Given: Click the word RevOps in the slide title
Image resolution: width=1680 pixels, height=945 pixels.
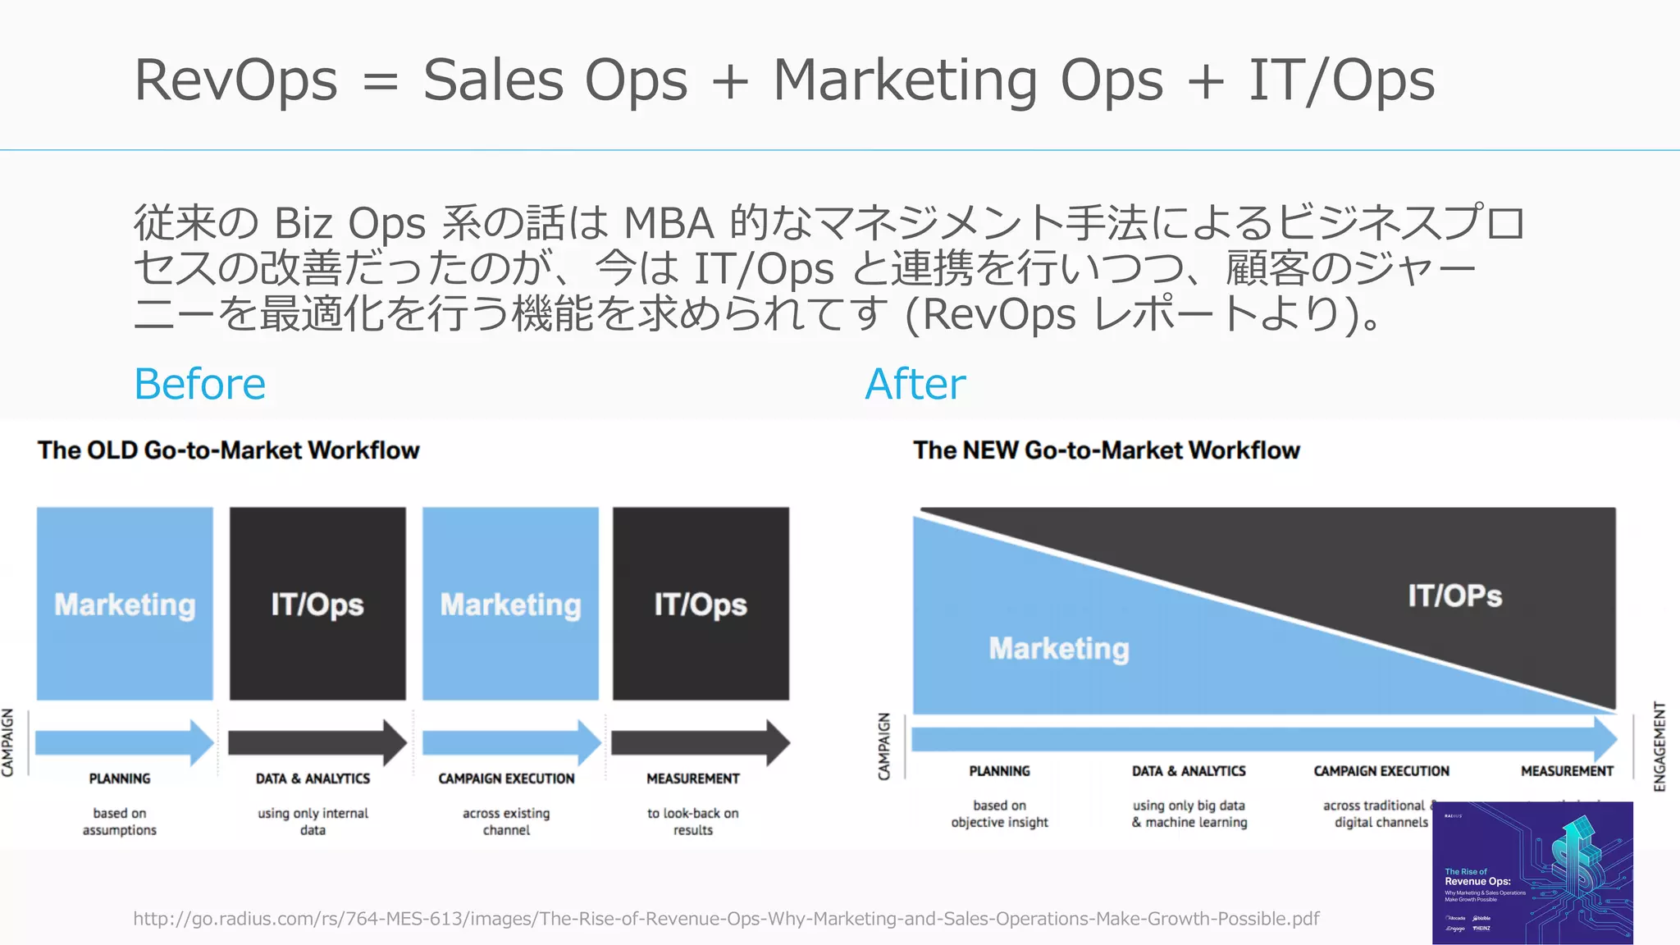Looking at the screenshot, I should (x=235, y=80).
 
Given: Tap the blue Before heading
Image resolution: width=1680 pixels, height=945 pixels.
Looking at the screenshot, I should (x=200, y=384).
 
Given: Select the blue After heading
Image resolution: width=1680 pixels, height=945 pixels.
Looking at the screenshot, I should (x=915, y=384).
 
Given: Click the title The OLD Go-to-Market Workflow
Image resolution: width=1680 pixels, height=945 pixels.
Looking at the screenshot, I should (x=228, y=450).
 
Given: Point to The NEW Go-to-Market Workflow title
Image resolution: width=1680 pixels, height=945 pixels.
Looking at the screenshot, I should (x=1107, y=450).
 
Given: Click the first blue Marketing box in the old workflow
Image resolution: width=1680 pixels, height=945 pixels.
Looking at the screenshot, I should (x=125, y=604).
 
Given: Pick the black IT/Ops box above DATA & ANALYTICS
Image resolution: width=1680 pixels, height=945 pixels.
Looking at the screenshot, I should (x=317, y=604).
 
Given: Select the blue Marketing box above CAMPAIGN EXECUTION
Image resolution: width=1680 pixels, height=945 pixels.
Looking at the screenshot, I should (x=510, y=604).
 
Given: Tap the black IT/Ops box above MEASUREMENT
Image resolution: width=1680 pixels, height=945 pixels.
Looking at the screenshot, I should (x=701, y=604).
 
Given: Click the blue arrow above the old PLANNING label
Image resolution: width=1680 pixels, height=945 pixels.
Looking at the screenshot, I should (x=123, y=742).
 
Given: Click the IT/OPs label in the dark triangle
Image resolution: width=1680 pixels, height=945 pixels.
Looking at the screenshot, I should (x=1454, y=596).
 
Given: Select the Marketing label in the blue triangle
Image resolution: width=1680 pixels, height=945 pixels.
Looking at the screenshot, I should (x=1059, y=649).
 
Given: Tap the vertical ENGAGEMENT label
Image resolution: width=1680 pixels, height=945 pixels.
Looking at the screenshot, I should (x=1659, y=746).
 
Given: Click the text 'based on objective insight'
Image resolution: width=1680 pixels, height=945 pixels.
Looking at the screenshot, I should (x=999, y=814).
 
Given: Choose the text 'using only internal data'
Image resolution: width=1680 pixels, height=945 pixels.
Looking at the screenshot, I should (x=313, y=821).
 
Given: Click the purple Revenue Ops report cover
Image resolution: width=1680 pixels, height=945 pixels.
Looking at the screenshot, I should (x=1532, y=873).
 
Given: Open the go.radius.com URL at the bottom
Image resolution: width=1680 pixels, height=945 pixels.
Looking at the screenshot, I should (x=726, y=919).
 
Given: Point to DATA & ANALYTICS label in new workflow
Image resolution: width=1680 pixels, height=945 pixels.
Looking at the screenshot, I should (x=1189, y=771).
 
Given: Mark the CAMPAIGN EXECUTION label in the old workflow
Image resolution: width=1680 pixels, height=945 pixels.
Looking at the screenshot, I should (x=506, y=778).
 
